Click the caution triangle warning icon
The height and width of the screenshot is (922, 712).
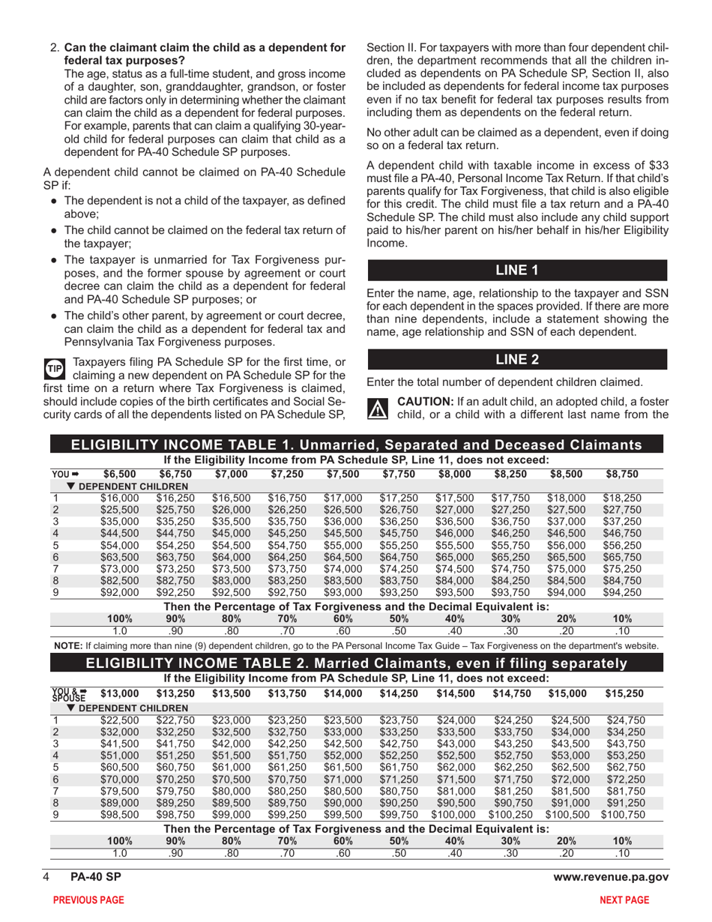pyautogui.click(x=374, y=408)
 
